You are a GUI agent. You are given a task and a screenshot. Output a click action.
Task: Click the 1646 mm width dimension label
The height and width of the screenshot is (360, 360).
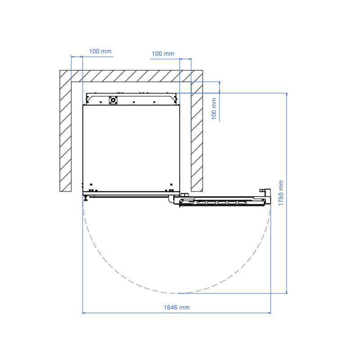[x=176, y=307]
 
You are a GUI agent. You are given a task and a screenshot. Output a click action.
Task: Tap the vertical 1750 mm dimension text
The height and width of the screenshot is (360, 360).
[x=281, y=193]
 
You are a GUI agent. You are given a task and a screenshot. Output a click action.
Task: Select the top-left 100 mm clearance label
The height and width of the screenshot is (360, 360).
[x=100, y=51]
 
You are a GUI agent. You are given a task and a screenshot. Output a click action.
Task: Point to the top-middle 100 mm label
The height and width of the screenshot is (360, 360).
[x=163, y=54]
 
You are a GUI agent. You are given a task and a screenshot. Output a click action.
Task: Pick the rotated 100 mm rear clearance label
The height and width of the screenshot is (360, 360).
[x=214, y=108]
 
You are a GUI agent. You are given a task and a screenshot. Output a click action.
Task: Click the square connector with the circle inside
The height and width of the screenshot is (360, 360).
[x=113, y=100]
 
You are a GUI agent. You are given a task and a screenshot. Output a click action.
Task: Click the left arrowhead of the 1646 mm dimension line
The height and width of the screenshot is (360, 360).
[x=84, y=313]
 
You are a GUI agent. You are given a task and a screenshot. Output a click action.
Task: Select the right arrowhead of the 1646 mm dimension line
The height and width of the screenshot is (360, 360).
[x=269, y=313]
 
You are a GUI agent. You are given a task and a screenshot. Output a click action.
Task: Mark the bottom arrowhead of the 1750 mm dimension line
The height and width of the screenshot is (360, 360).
[x=287, y=292]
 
